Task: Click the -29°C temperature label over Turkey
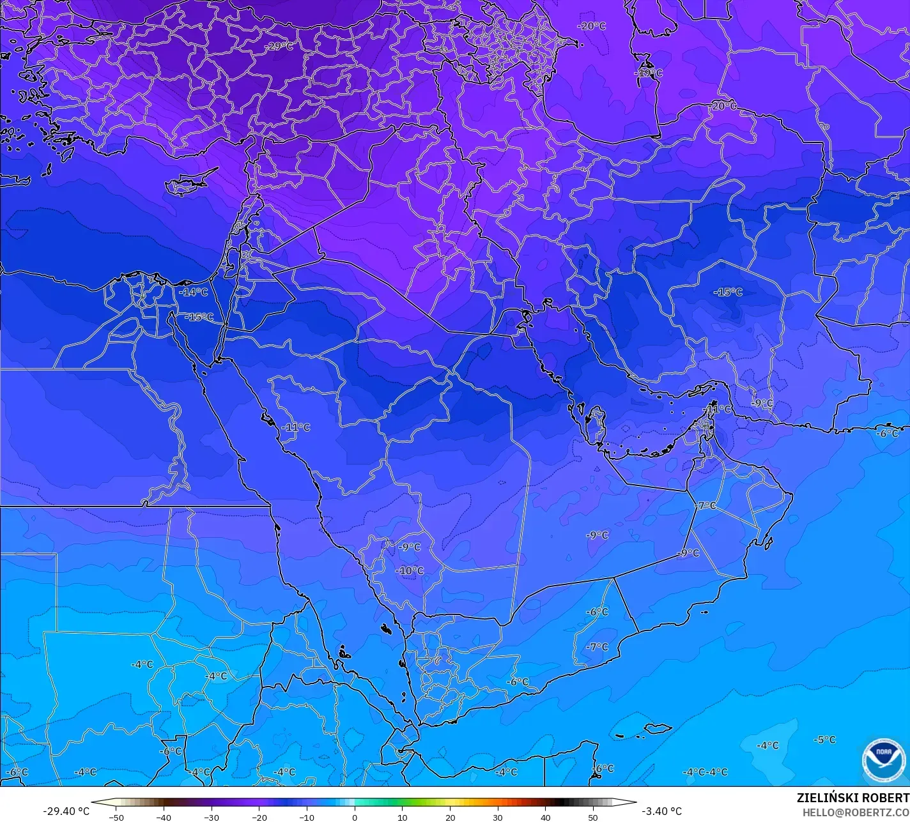coord(280,46)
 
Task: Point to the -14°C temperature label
coord(194,292)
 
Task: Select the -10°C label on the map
coord(410,570)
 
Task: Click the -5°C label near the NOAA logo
coord(824,740)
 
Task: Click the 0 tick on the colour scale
coord(355,817)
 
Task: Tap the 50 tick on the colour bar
coord(593,817)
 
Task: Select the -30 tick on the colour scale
coord(212,817)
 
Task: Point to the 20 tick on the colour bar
coord(450,817)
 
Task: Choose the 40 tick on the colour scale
coord(545,817)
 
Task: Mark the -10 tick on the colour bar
coord(307,817)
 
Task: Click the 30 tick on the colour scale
coord(498,817)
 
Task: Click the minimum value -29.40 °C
coord(66,811)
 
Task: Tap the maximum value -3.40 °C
coord(661,811)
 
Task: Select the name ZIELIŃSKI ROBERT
coord(852,798)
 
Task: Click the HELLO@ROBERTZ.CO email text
coord(856,812)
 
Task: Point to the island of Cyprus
coord(185,184)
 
